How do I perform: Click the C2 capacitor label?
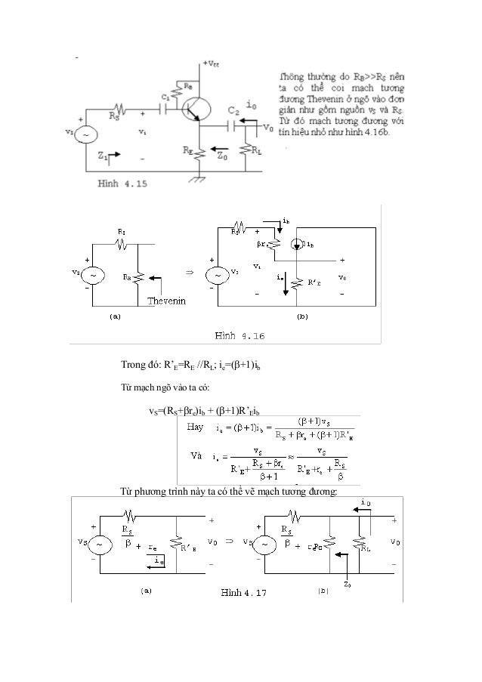tap(233, 110)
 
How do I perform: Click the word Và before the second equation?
tap(196, 456)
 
